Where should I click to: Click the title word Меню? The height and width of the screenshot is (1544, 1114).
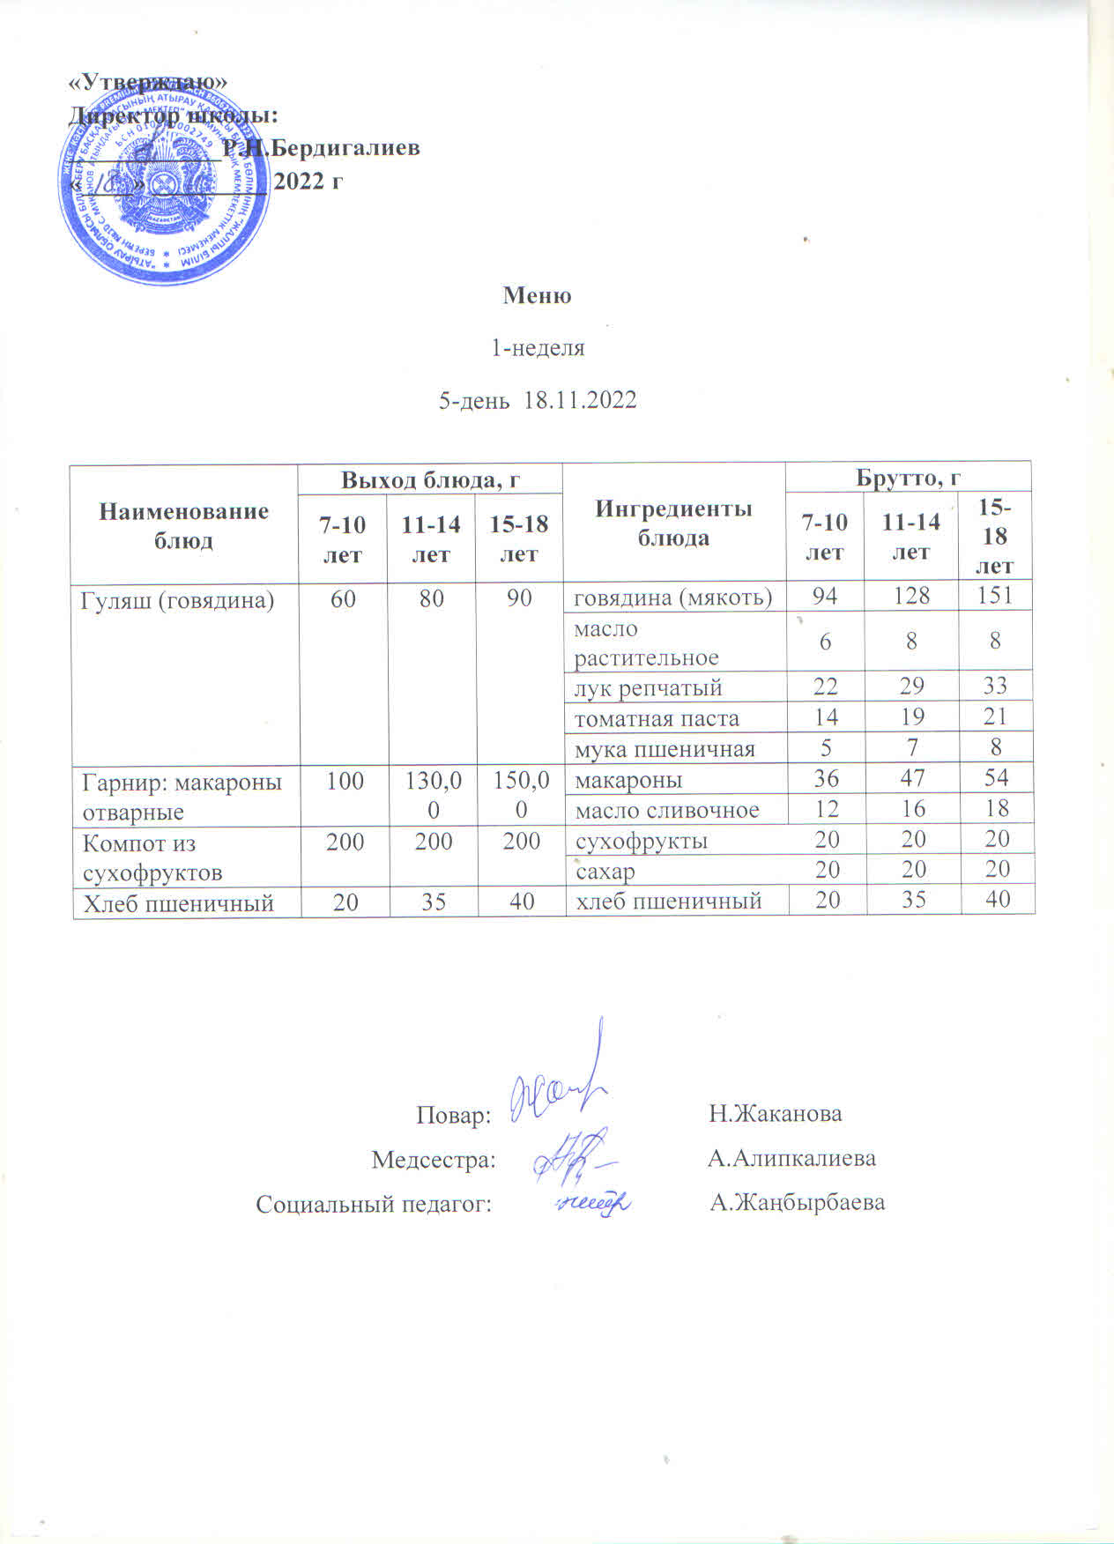(x=537, y=295)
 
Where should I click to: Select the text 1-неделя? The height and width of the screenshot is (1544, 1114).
(x=538, y=347)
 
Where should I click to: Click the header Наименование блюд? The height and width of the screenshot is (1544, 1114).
(x=183, y=525)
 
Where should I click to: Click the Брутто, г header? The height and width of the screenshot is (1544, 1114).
(x=908, y=478)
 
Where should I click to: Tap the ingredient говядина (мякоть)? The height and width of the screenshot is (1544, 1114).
(x=674, y=598)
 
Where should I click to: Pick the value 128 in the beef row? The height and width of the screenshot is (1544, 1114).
(x=911, y=596)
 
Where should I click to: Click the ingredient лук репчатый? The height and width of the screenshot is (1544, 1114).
(x=649, y=687)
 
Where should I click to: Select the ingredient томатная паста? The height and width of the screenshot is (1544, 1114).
(x=657, y=718)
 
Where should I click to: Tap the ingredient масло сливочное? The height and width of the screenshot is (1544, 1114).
(x=667, y=810)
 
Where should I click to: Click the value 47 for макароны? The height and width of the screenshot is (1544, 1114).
(x=912, y=779)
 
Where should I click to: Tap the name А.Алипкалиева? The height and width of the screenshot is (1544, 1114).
(x=791, y=1158)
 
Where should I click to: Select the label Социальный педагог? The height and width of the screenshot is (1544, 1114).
(x=374, y=1204)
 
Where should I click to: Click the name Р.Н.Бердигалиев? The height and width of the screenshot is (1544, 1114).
(x=321, y=148)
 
